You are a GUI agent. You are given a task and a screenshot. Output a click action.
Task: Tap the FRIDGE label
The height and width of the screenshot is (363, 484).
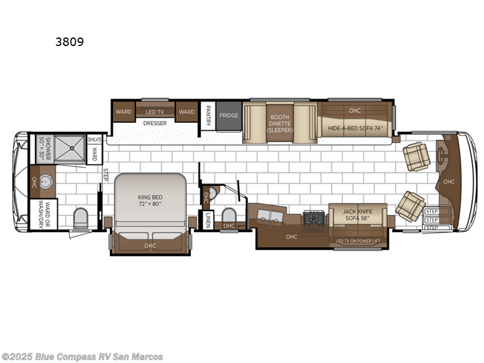pyautogui.click(x=229, y=116)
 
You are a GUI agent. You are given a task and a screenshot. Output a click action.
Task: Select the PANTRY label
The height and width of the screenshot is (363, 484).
pyautogui.click(x=208, y=116)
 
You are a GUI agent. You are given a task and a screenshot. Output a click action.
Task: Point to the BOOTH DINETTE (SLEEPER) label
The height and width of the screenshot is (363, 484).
pyautogui.click(x=280, y=123)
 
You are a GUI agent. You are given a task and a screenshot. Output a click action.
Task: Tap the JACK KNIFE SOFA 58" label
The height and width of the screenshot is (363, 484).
pyautogui.click(x=358, y=215)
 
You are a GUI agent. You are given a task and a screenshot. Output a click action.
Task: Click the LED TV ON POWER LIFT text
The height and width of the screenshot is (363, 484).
pyautogui.click(x=358, y=241)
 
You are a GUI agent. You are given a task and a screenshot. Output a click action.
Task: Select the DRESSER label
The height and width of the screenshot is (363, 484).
pyautogui.click(x=154, y=123)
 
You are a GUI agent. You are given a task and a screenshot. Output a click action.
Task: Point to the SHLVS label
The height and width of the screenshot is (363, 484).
pyautogui.click(x=94, y=139)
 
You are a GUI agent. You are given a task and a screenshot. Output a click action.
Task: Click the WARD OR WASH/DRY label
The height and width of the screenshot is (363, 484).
pyautogui.click(x=42, y=214)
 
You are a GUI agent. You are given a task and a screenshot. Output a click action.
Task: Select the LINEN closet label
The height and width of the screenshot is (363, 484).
pyautogui.click(x=207, y=220)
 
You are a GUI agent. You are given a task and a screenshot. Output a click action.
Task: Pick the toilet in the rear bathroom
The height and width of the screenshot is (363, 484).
pyautogui.click(x=80, y=217)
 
